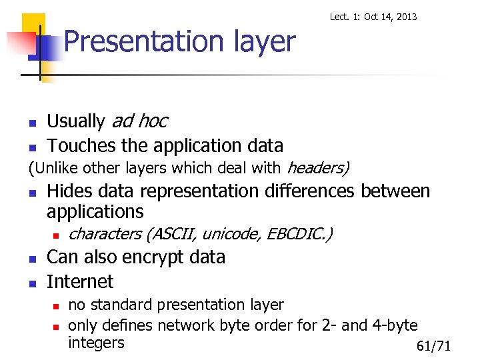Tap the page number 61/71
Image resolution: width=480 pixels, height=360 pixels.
433,346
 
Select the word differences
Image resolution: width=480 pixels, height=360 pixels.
305,191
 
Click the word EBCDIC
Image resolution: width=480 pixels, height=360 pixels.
298,234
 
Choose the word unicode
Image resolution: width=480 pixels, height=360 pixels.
231,234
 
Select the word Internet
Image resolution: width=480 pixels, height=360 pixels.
80,281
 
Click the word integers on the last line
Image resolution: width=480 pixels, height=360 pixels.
96,343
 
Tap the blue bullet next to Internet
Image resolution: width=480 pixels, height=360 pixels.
31,283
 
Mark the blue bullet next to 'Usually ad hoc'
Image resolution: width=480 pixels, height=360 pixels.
31,123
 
